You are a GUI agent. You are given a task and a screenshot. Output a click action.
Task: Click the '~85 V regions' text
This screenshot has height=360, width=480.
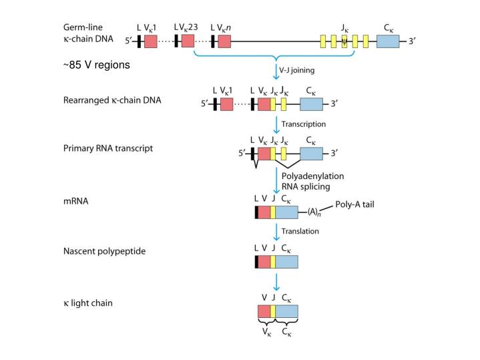click(97, 65)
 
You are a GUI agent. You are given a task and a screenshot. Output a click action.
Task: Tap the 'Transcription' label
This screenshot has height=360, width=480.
click(303, 124)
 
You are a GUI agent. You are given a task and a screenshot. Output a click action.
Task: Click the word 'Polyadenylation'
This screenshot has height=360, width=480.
click(312, 176)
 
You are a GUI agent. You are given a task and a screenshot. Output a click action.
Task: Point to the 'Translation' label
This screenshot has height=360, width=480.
click(300, 231)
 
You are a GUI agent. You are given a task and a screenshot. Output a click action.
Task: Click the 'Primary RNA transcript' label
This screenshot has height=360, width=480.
click(107, 148)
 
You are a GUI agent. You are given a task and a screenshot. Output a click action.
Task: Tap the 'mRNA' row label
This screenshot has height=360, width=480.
click(75, 200)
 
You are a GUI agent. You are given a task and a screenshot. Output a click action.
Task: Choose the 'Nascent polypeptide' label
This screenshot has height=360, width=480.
click(104, 252)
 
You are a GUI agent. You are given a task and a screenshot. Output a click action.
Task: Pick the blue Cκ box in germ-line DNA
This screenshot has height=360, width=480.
click(388, 41)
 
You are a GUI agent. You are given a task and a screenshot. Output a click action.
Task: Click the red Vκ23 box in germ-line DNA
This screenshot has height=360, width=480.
click(188, 41)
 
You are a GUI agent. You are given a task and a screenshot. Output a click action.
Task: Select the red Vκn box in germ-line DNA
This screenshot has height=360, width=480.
click(224, 41)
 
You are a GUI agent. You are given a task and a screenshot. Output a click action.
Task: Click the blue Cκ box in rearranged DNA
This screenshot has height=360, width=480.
click(311, 104)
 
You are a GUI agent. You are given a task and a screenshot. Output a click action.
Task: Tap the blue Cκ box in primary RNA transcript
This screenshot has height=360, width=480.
click(311, 154)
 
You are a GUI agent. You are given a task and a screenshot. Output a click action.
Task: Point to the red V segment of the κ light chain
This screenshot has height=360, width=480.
click(264, 312)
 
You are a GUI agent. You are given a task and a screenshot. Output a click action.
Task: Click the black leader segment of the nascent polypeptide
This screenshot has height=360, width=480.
click(256, 261)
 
